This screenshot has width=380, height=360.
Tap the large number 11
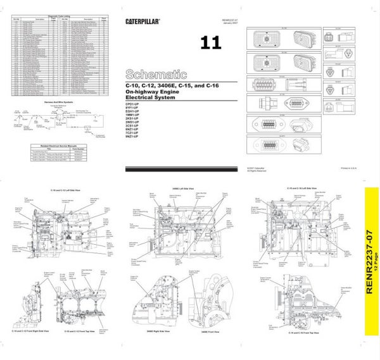(211, 43)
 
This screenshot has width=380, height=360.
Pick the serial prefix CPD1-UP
(134, 105)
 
